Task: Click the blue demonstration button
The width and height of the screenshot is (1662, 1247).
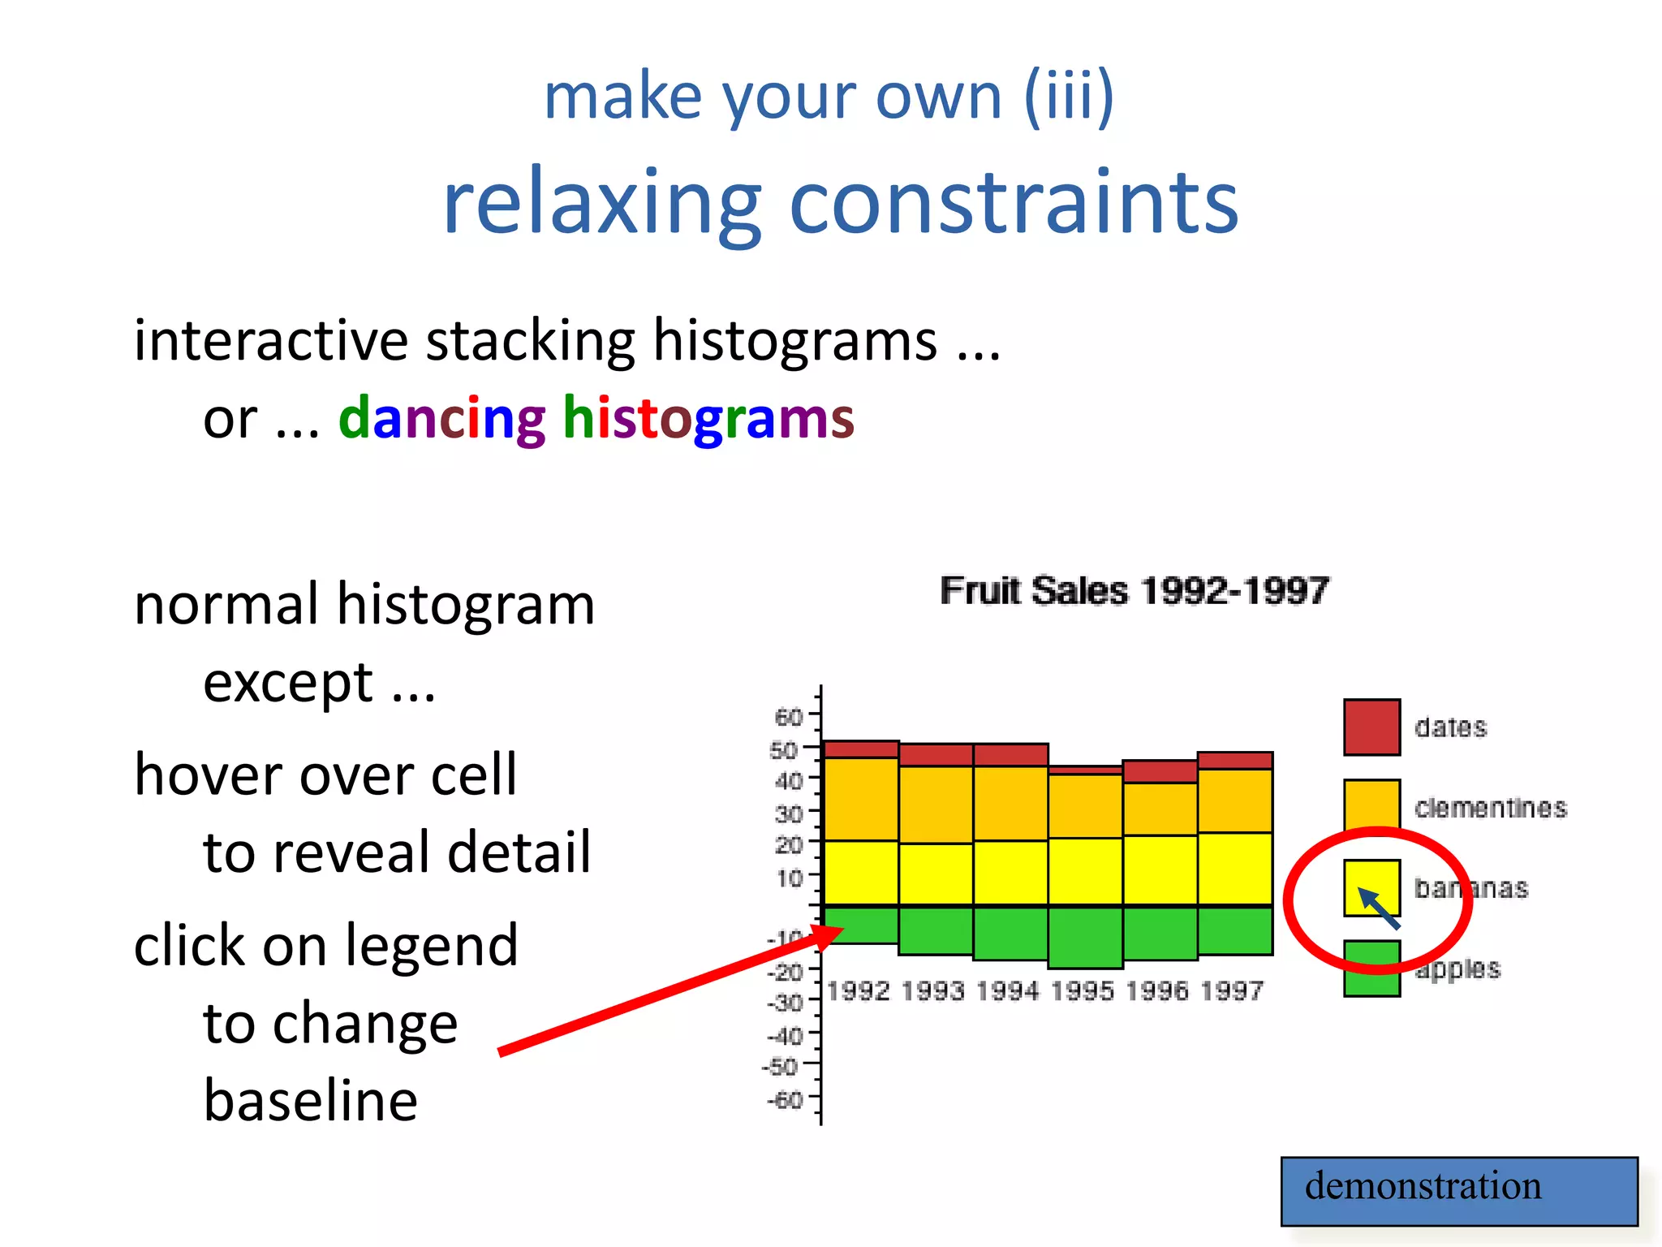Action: point(1458,1190)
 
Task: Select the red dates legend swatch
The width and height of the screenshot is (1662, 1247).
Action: point(1371,727)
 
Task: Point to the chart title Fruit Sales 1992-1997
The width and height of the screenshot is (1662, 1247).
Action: point(1135,590)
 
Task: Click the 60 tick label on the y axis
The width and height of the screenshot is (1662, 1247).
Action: point(788,717)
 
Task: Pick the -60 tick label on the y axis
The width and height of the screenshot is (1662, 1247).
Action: point(785,1100)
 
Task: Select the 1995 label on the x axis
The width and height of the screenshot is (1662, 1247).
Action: point(1083,991)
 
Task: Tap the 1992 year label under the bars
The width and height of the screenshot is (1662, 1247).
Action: point(859,991)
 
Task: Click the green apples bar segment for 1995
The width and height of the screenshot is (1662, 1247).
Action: point(1085,937)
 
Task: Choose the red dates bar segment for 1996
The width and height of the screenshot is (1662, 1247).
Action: point(1160,771)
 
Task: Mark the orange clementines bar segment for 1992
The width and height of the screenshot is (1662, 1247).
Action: point(861,799)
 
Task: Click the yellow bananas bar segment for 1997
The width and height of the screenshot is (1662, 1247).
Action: point(1234,868)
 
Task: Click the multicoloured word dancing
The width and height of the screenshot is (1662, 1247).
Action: point(442,419)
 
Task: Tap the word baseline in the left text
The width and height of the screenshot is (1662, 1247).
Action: point(311,1100)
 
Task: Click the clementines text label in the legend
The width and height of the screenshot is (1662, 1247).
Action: point(1490,808)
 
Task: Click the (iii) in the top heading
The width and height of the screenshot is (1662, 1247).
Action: point(1069,97)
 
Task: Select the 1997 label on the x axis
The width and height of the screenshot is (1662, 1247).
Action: point(1232,991)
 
